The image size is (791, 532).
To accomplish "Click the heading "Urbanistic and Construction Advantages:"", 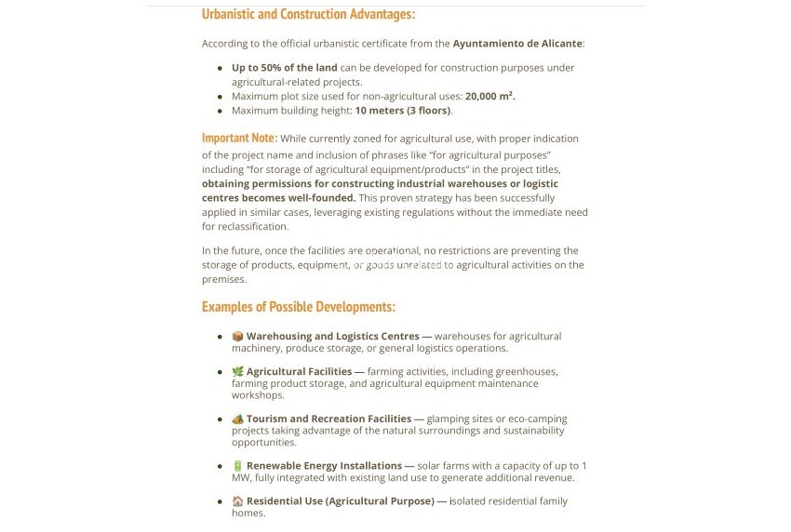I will point(308,14).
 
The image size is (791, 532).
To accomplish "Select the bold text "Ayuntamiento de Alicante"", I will point(517,43).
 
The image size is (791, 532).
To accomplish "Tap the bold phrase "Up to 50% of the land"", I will point(284,68).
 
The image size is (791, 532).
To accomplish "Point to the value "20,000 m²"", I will point(489,96).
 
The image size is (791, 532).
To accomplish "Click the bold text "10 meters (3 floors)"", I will point(403,111).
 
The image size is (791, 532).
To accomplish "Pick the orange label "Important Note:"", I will point(239,139).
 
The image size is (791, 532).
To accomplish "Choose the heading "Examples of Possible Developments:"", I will point(298,307).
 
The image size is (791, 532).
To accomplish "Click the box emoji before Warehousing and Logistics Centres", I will point(237,337).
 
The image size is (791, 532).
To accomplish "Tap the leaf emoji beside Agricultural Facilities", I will point(237,372).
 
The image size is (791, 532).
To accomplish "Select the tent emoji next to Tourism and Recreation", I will point(237,419).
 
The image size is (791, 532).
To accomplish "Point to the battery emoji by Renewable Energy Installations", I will point(237,466).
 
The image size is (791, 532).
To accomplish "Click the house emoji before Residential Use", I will point(237,501).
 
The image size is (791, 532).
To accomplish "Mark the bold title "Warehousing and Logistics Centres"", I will point(332,337).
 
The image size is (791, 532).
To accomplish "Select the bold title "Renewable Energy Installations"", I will point(324,466).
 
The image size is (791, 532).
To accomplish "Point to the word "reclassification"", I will point(255,227).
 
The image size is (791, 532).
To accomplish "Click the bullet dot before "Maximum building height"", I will point(221,111).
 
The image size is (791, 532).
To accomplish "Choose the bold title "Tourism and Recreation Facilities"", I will point(328,419).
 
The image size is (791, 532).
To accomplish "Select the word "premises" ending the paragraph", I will point(223,280).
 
